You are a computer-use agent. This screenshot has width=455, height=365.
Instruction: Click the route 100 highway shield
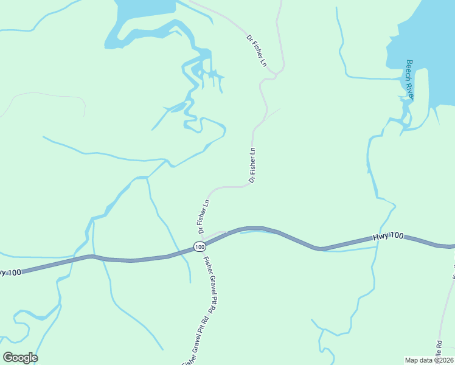tap(200, 246)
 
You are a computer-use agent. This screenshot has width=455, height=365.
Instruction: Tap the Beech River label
tap(410, 80)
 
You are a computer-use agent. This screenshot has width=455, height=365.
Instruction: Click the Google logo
tap(20, 358)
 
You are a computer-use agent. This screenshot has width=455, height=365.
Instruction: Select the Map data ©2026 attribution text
tap(429, 360)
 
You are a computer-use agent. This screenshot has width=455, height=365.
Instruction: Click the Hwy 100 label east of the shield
tap(388, 236)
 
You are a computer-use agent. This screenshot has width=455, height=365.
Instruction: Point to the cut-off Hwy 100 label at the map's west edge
tap(10, 272)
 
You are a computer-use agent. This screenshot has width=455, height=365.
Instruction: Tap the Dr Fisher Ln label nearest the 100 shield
tap(203, 217)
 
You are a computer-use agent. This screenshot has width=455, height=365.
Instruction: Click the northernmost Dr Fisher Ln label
tap(257, 50)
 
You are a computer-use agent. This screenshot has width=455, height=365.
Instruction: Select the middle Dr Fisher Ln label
tap(252, 165)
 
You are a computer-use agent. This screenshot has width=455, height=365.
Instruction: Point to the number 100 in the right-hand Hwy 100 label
tap(396, 235)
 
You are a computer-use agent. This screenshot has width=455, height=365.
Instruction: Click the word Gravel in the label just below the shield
tap(210, 286)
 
